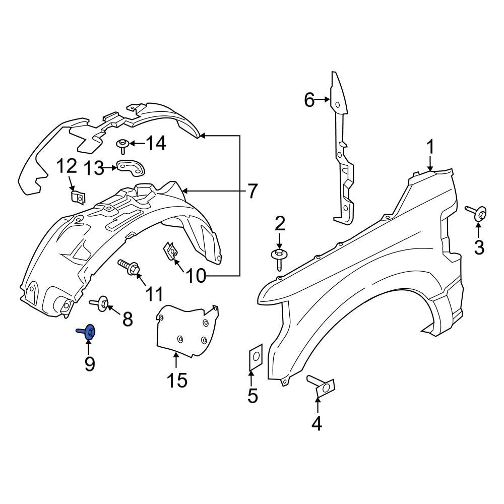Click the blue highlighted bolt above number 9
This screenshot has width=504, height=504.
point(88,332)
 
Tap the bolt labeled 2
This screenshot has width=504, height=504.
point(279,255)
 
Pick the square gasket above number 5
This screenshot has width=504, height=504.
point(255,357)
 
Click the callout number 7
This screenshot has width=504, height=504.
point(252,192)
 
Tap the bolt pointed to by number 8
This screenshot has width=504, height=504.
point(101,303)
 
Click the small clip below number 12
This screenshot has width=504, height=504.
point(77,197)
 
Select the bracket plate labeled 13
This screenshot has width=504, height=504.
point(131,168)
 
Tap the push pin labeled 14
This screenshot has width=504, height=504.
point(122,146)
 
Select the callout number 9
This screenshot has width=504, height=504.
point(89,363)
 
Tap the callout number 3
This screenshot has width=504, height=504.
point(478,247)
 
